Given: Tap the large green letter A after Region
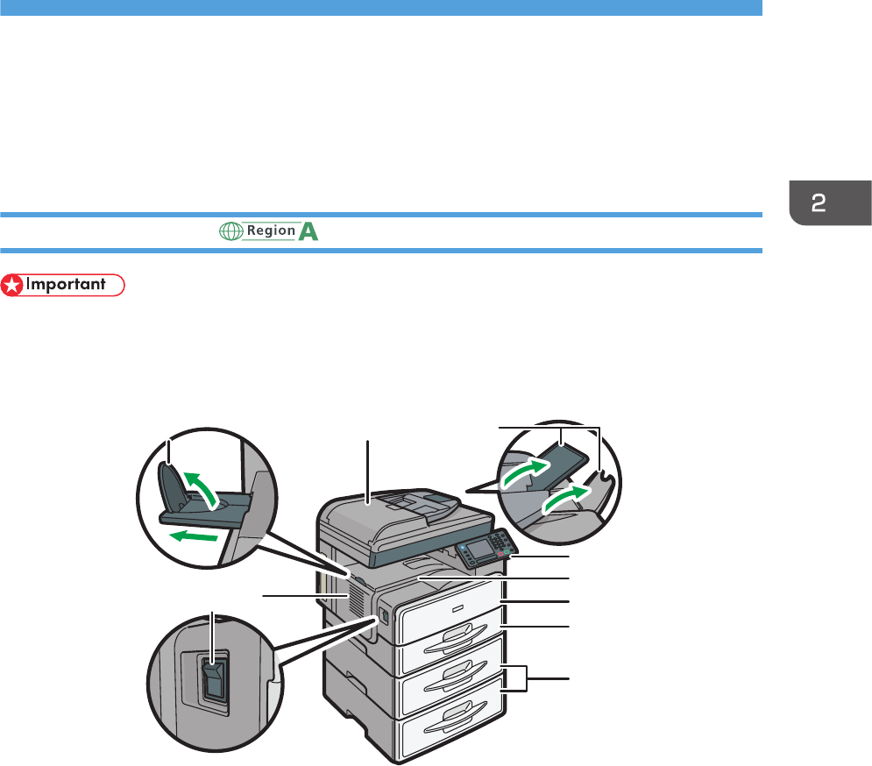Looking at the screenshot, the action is point(308,231).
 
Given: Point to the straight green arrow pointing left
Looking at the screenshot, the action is point(190,533).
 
